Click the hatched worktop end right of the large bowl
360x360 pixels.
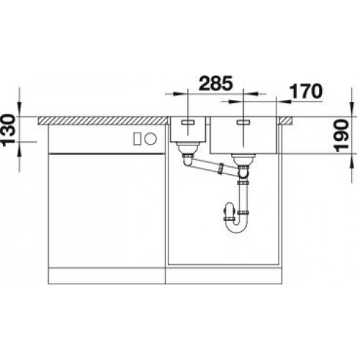[289, 117]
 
